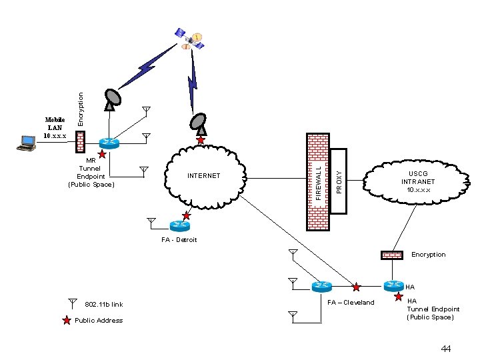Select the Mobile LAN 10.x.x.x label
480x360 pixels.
[x=55, y=127]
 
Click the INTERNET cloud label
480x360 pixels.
[x=203, y=176]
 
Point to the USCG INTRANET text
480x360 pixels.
[x=418, y=181]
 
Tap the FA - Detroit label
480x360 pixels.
[x=179, y=239]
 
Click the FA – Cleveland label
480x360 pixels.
[x=351, y=303]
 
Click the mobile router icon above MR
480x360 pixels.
[x=108, y=143]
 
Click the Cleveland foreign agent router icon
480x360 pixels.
[x=322, y=286]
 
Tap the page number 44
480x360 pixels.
[x=446, y=349]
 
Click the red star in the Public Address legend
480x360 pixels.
[x=66, y=321]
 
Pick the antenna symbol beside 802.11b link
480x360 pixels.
[x=72, y=303]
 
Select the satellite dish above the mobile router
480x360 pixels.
[x=113, y=98]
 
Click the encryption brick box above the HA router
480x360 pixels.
[x=392, y=255]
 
